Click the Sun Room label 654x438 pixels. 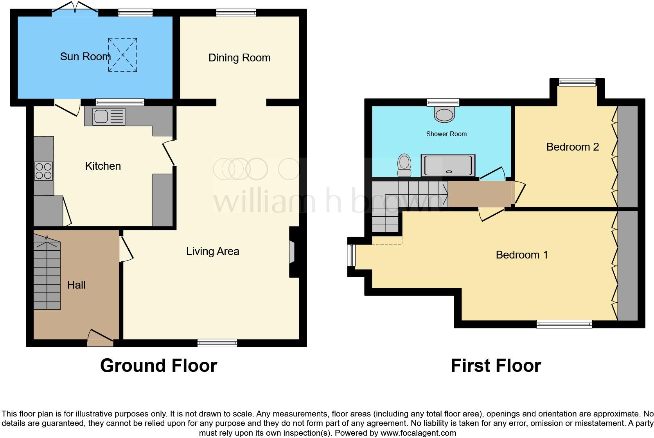pos(85,57)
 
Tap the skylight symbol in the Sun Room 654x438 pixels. pos(122,55)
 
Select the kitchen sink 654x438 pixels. pos(109,117)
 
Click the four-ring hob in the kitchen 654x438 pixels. pos(43,171)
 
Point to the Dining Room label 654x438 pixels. pos(239,58)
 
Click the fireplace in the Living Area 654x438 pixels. pos(293,252)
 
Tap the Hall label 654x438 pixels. pos(76,285)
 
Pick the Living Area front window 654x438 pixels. pos(217,343)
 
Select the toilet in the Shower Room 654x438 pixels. pos(404,165)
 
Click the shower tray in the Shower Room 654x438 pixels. pos(448,165)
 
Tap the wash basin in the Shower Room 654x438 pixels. pos(445,114)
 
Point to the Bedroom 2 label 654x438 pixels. pos(572,147)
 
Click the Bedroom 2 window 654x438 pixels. pos(577,82)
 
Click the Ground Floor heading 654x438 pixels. pos(158,366)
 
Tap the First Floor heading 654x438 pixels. pos(496,366)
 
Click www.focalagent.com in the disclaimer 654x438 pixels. pos(418,433)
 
